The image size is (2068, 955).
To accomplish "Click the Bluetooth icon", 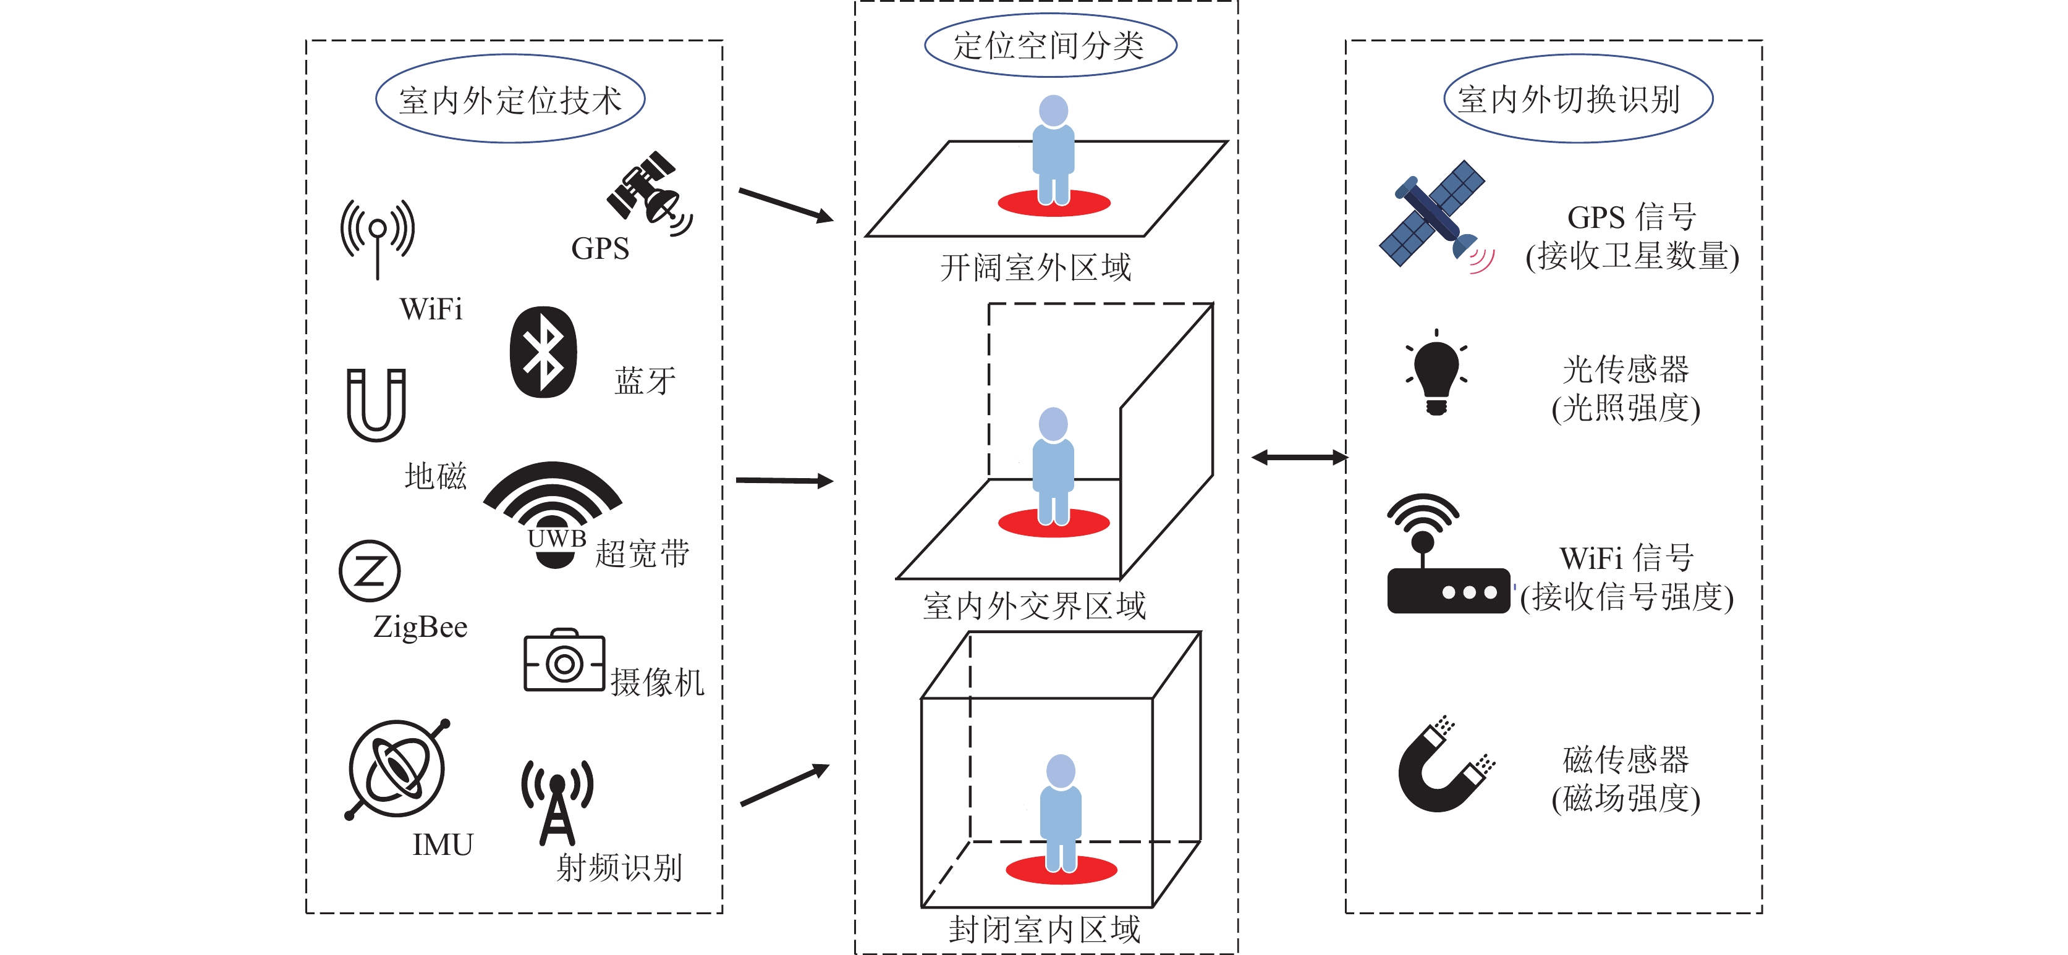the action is coord(543,351).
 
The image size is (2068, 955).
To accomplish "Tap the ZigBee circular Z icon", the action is coord(370,571).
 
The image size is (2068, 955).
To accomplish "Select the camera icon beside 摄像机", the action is coord(564,660).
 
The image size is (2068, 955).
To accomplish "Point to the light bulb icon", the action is coord(1436,372).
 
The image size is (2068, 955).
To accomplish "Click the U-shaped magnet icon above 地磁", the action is coord(376,405).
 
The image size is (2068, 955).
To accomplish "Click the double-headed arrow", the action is coord(1300,458).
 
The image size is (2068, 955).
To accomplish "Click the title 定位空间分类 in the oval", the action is coord(1048,45).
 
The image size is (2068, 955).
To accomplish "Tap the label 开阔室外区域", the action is coord(1036,267).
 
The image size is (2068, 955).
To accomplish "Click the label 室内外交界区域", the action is coord(1034,606).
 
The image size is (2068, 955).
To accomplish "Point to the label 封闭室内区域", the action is coord(1045,929).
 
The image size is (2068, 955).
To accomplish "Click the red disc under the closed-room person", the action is coord(1061,870).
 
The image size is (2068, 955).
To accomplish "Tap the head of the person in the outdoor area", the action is coord(1053,111).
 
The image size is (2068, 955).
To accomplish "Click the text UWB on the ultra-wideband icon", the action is coord(556,537).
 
